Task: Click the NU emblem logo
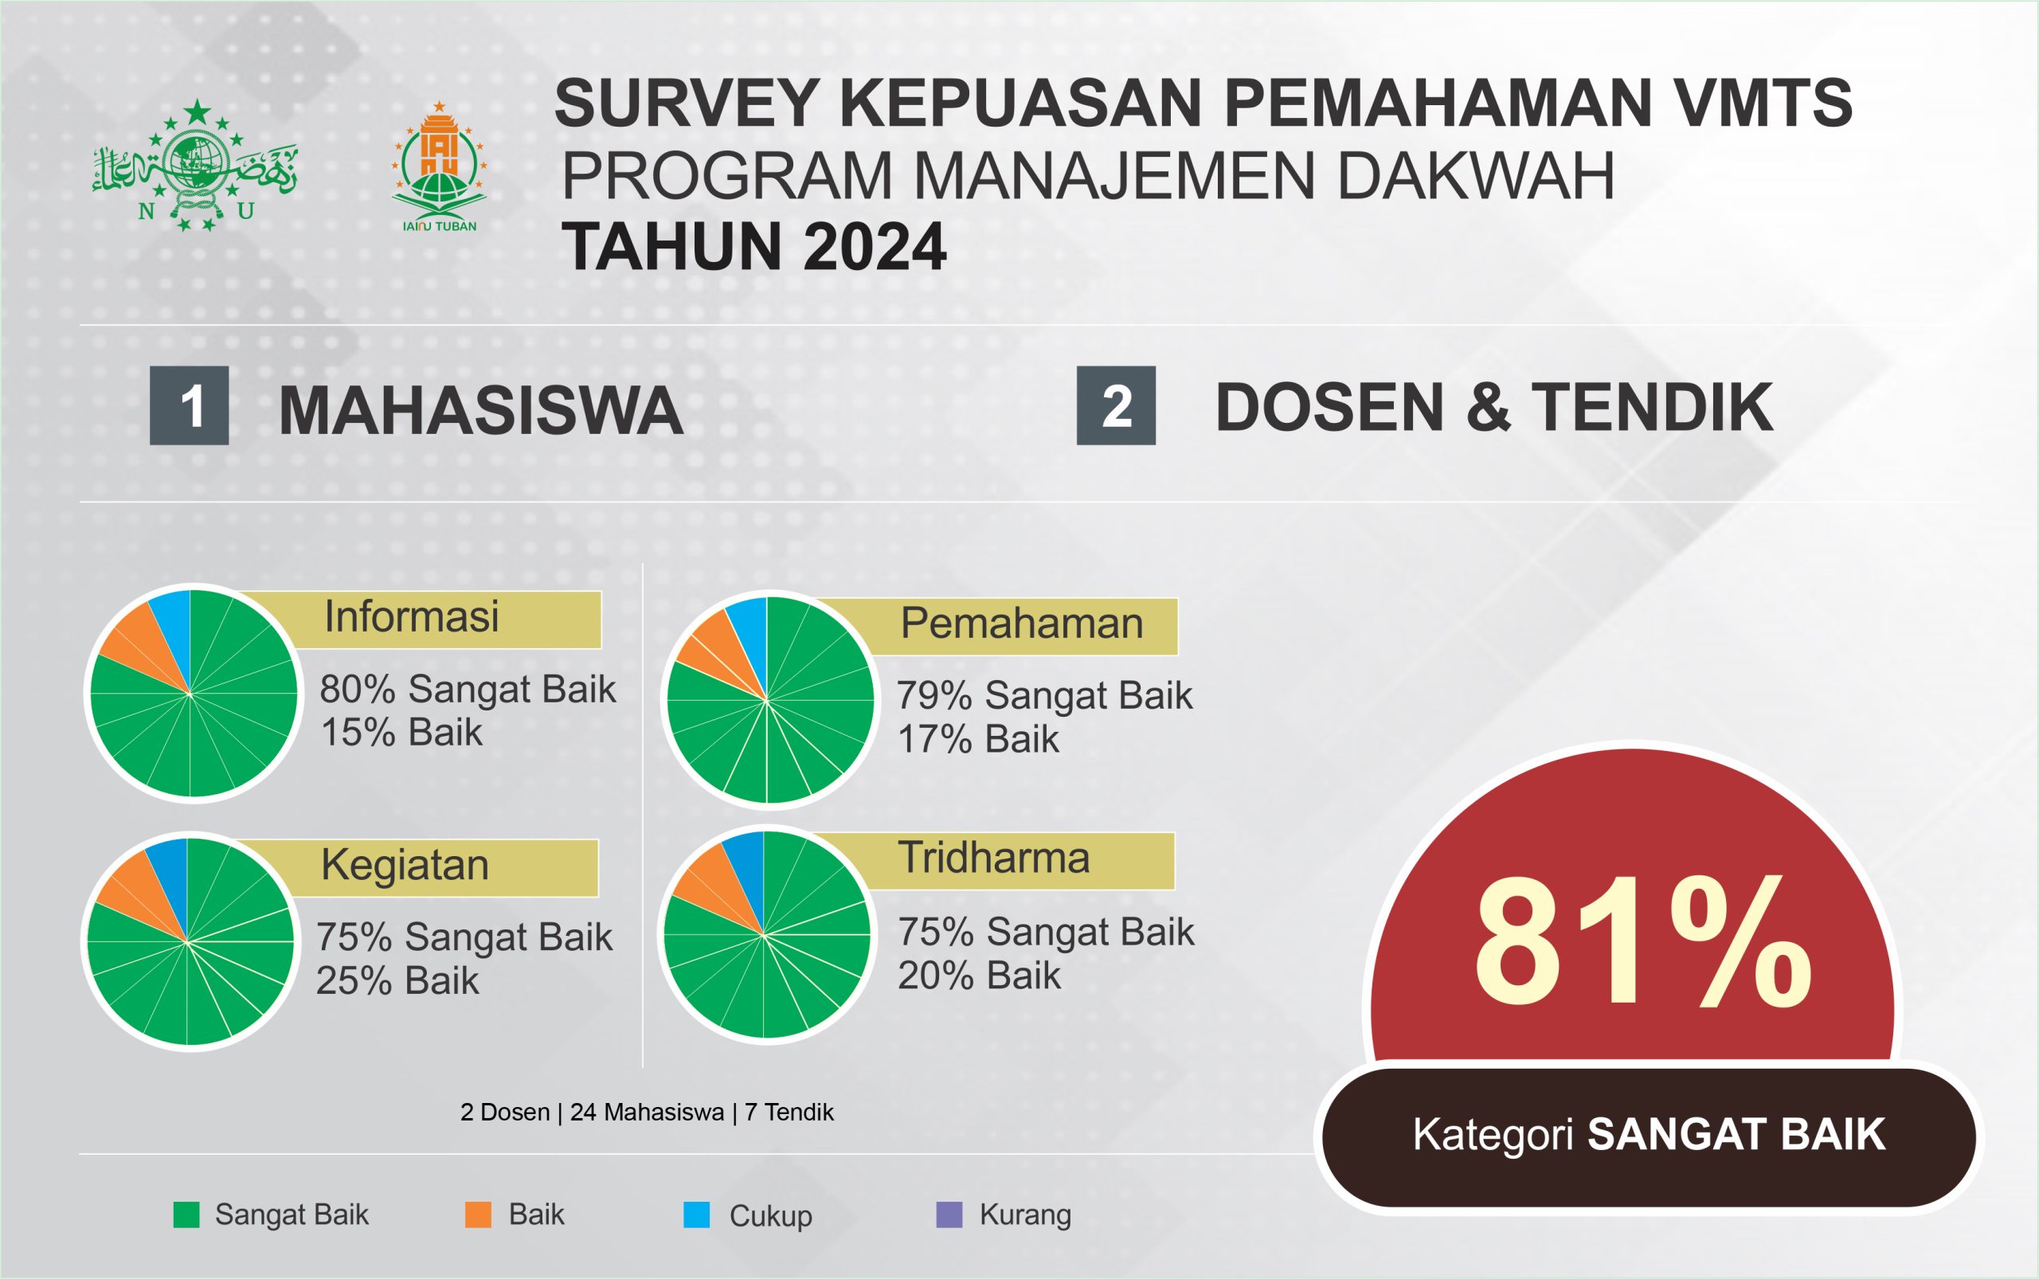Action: tap(194, 165)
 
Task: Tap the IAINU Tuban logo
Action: tap(439, 166)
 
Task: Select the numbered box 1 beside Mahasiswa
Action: tap(190, 405)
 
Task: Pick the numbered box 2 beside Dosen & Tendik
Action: tap(1116, 405)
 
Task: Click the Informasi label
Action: tap(412, 616)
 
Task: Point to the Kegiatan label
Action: tap(405, 866)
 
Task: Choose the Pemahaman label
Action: tap(1022, 624)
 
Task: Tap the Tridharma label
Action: tap(994, 858)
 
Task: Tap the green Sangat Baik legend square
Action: tap(186, 1214)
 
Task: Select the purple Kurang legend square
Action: tap(949, 1214)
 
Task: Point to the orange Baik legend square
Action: tap(478, 1214)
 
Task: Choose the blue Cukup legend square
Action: tap(696, 1214)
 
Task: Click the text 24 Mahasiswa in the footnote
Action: tap(648, 1113)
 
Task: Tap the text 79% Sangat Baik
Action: tap(1045, 695)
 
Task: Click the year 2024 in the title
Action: tap(875, 247)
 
